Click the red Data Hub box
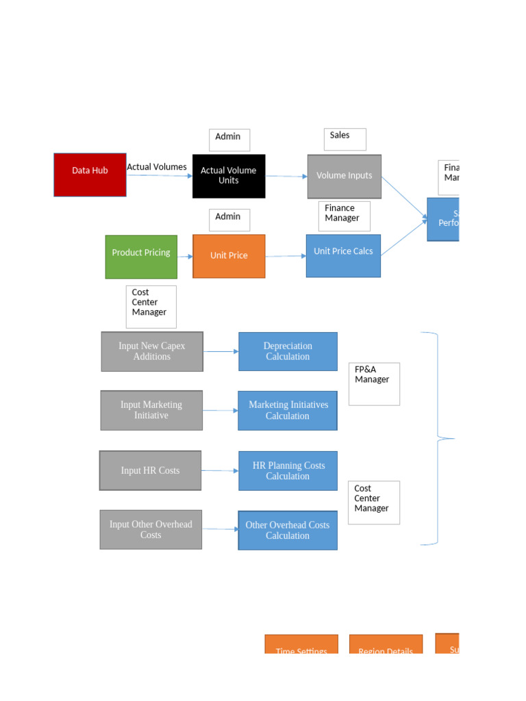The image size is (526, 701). (90, 175)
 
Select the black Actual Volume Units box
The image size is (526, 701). (229, 176)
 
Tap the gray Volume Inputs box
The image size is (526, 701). (344, 176)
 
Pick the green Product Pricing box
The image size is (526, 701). (141, 257)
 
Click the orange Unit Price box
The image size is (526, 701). (229, 256)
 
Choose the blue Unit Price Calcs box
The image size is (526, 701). (343, 255)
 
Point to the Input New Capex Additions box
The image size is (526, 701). (152, 351)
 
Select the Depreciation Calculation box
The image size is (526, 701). (288, 351)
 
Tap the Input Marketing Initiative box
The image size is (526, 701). (151, 410)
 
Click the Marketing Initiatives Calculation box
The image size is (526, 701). (288, 410)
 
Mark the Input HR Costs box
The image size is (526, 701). (151, 470)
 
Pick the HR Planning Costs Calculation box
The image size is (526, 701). (288, 470)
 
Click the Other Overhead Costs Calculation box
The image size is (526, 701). (288, 530)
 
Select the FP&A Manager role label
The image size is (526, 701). (373, 383)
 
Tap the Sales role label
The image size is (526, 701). (345, 139)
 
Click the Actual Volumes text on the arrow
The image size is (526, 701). (157, 166)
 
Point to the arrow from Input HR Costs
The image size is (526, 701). (220, 471)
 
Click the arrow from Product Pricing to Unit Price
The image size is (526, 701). (185, 257)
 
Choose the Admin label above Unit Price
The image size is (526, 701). (229, 220)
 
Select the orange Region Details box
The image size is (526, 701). (386, 645)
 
